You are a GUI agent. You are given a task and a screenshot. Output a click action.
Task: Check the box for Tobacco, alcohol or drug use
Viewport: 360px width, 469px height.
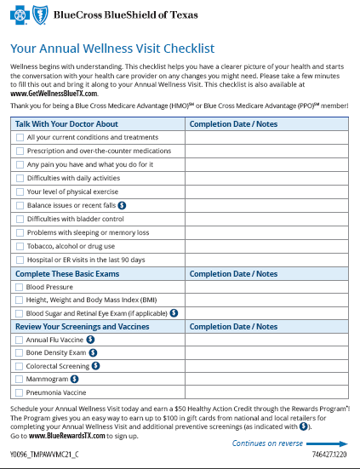pos(19,245)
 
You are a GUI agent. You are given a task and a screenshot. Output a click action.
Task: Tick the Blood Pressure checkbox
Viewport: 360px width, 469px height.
pos(19,287)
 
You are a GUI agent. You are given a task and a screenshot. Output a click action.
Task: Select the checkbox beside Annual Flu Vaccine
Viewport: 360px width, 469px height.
pos(19,339)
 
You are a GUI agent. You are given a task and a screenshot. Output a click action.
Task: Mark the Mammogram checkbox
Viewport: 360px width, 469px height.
pos(19,379)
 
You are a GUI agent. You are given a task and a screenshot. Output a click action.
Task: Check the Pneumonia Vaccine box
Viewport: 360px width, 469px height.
pos(19,392)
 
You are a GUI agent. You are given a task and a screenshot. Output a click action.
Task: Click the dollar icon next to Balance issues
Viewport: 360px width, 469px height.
pos(122,205)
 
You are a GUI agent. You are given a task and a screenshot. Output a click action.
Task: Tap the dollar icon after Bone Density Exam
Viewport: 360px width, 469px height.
pos(93,352)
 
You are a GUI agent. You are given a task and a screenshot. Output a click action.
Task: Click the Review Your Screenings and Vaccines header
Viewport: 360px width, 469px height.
pos(87,326)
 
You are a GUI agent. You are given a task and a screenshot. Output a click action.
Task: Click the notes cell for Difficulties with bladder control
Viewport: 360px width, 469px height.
pos(266,219)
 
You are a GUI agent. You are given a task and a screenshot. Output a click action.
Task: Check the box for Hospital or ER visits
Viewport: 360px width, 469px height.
pos(19,259)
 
